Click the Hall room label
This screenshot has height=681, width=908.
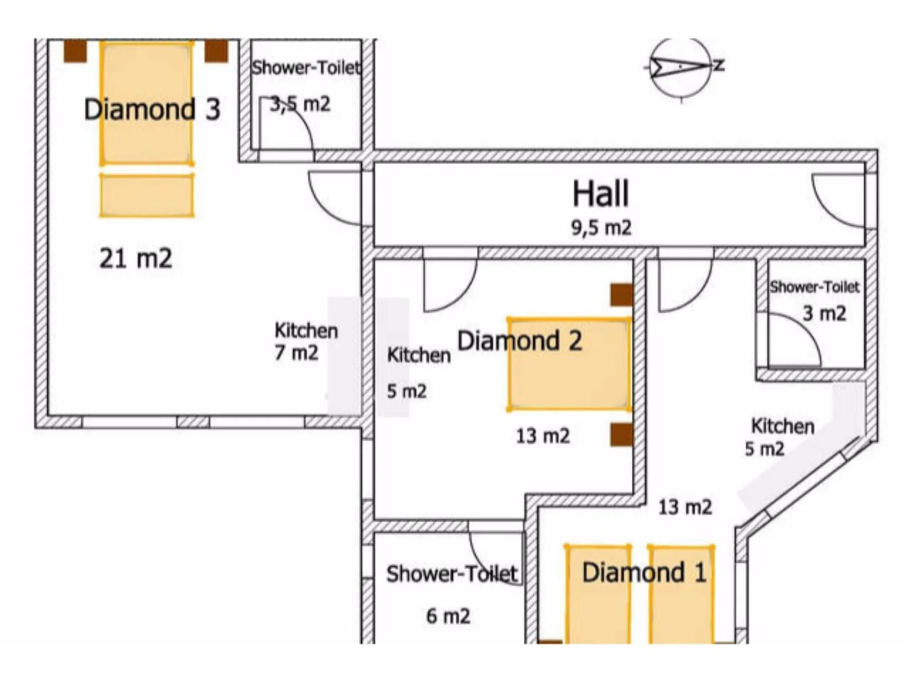click(x=600, y=194)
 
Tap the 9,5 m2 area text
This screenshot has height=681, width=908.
click(x=601, y=228)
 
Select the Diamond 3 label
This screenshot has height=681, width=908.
click(x=152, y=110)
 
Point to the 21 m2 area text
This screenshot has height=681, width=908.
click(x=136, y=258)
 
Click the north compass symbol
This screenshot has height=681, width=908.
click(x=681, y=67)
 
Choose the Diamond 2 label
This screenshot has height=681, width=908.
click(x=519, y=341)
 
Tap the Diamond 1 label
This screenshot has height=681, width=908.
click(x=644, y=572)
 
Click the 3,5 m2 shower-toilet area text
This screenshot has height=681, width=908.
click(x=301, y=105)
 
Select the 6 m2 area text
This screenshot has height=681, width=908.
click(x=448, y=616)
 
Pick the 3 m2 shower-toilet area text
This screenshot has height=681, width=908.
click(x=824, y=314)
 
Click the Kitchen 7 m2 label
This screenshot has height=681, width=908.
click(x=305, y=341)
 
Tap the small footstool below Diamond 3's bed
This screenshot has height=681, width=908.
click(x=147, y=196)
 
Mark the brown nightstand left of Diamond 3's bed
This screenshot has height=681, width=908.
click(x=75, y=51)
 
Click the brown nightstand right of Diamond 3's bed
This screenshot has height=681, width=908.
click(x=216, y=51)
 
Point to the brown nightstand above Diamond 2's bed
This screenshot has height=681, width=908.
click(x=621, y=295)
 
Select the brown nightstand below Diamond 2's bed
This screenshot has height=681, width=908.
click(x=621, y=434)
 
